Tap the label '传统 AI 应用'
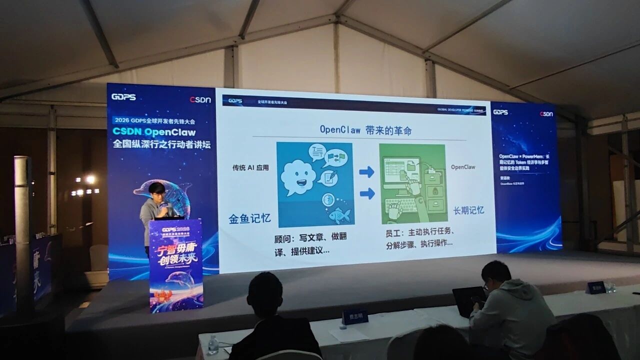(250, 167)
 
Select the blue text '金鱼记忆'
(249, 218)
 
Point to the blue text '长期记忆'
(468, 210)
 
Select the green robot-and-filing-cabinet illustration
(412, 183)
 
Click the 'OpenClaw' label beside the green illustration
(463, 167)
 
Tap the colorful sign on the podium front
(175, 264)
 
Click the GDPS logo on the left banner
(123, 97)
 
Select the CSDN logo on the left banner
(200, 99)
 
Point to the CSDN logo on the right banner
(546, 114)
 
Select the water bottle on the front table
(213, 345)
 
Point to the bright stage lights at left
(85, 185)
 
